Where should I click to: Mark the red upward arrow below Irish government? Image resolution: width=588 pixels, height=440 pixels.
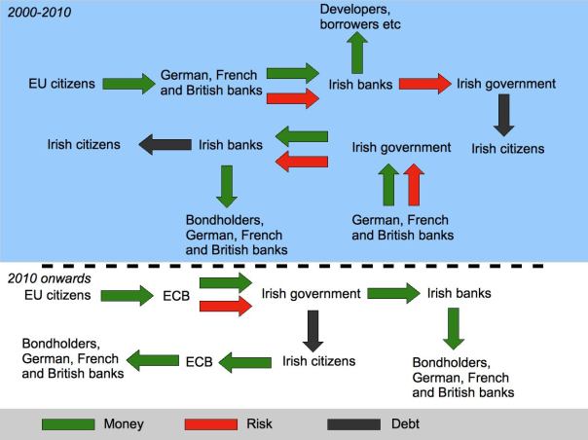click(x=414, y=184)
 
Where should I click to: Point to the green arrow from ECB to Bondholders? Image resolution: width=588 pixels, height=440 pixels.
click(x=155, y=361)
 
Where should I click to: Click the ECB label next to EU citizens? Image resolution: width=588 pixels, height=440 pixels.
click(x=172, y=294)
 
